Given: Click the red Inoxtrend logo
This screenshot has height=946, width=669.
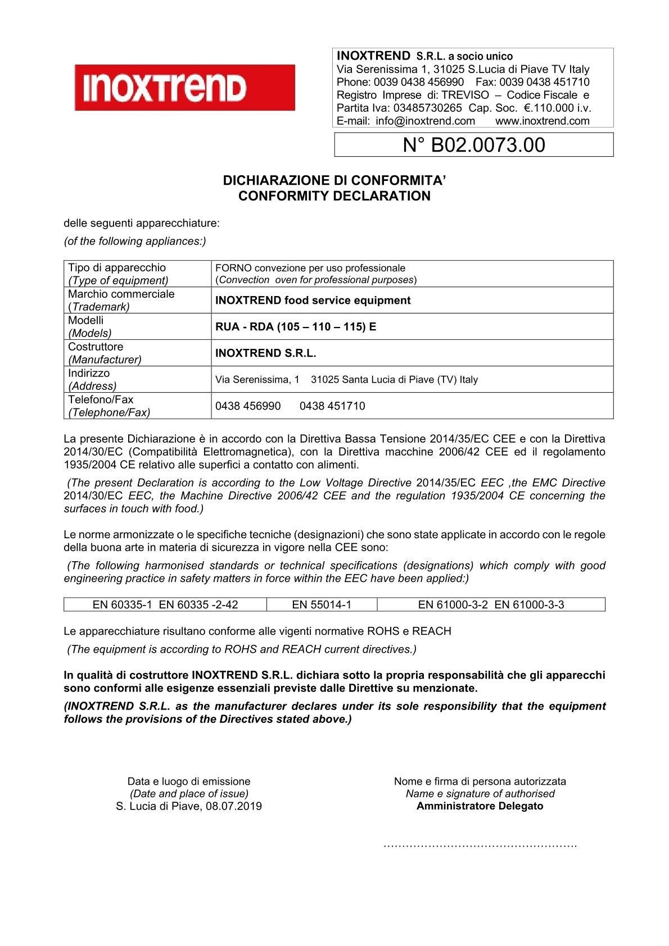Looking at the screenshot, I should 184,87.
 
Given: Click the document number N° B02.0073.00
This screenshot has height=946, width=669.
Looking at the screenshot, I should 474,145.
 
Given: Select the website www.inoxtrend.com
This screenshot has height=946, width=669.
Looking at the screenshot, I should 543,121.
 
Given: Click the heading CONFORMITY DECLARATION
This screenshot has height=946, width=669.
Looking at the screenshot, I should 334,196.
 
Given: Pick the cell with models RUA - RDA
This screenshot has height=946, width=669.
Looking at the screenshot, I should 296,326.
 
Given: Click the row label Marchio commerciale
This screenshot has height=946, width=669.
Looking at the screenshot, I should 121,294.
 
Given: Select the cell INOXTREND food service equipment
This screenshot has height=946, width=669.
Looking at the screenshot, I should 313,301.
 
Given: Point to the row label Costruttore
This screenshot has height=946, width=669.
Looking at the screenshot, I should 96,347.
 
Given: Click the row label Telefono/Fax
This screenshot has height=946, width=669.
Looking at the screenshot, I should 101,399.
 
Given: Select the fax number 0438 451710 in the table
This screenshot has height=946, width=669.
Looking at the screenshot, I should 332,406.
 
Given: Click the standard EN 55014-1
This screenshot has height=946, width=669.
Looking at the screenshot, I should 322,605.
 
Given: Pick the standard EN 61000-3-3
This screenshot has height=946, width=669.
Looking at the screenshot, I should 529,605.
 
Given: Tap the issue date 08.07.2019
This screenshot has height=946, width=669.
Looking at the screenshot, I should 234,807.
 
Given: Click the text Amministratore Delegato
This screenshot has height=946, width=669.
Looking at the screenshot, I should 480,806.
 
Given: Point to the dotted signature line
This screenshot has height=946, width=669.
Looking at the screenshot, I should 480,845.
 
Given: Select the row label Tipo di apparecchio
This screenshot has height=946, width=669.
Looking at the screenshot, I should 117,267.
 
